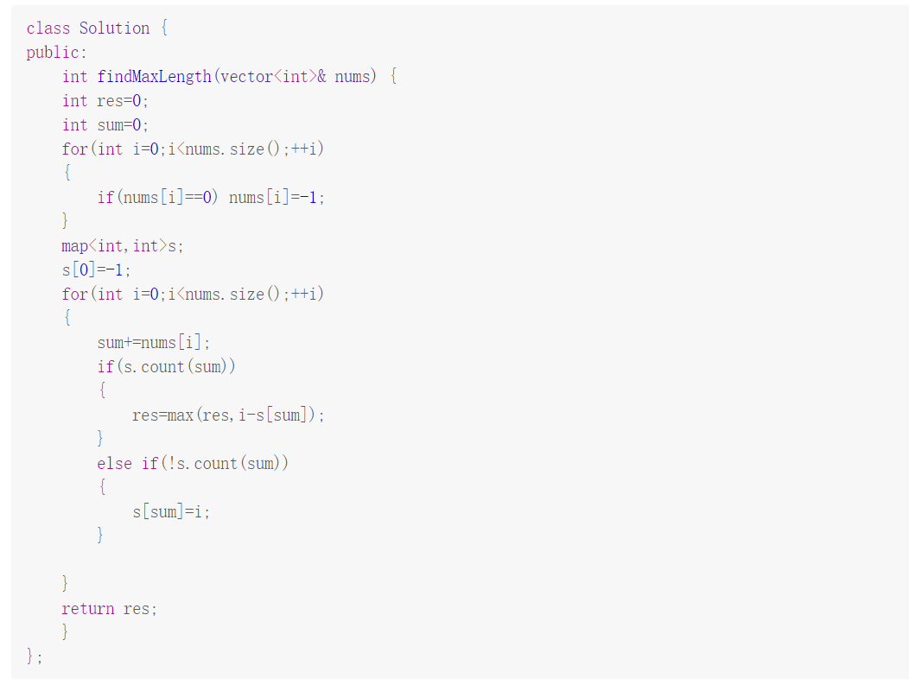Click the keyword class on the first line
(x=48, y=28)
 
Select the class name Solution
(x=114, y=28)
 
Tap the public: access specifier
(x=56, y=52)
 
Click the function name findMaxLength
(x=154, y=76)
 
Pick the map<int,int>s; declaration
(x=122, y=245)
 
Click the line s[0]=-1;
(x=96, y=269)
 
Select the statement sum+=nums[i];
(x=153, y=342)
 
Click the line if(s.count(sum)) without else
(x=166, y=366)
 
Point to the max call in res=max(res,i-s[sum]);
(x=180, y=415)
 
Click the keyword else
(x=114, y=463)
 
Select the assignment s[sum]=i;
(x=170, y=511)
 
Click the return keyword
(x=87, y=608)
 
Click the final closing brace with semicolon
(x=34, y=656)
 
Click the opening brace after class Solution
(x=164, y=28)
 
